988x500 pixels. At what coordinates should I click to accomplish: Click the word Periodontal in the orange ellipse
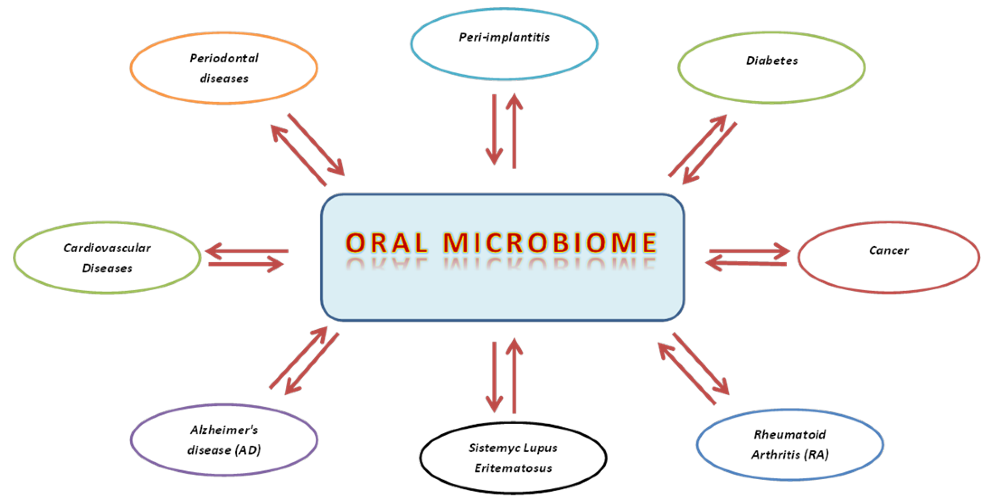click(x=224, y=58)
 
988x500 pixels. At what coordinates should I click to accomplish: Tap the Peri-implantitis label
click(x=504, y=37)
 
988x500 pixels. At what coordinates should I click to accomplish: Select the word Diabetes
click(x=772, y=61)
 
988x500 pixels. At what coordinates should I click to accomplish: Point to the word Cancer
click(x=888, y=250)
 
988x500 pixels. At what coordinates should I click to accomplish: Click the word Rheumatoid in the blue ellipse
click(x=789, y=435)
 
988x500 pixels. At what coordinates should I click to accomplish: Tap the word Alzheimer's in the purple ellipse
click(x=224, y=430)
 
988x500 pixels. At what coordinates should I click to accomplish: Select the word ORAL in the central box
click(x=386, y=243)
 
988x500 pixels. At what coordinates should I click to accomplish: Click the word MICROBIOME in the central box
click(x=550, y=243)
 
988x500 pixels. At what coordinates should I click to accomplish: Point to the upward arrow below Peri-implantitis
click(x=514, y=130)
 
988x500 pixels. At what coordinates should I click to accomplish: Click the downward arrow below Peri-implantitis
click(x=494, y=130)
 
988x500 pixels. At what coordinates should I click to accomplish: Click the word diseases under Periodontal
click(x=224, y=79)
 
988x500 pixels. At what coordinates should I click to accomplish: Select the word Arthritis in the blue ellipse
click(x=776, y=454)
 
